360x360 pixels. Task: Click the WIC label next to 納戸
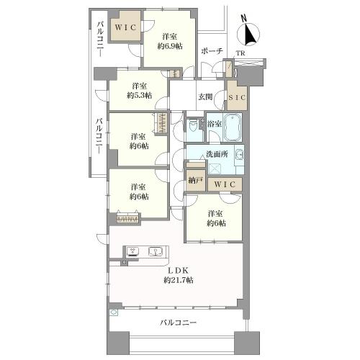[x=224, y=185]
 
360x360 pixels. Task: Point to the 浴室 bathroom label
[x=214, y=123]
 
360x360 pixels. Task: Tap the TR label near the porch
[x=239, y=53]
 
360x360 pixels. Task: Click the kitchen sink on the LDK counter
[x=155, y=251]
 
